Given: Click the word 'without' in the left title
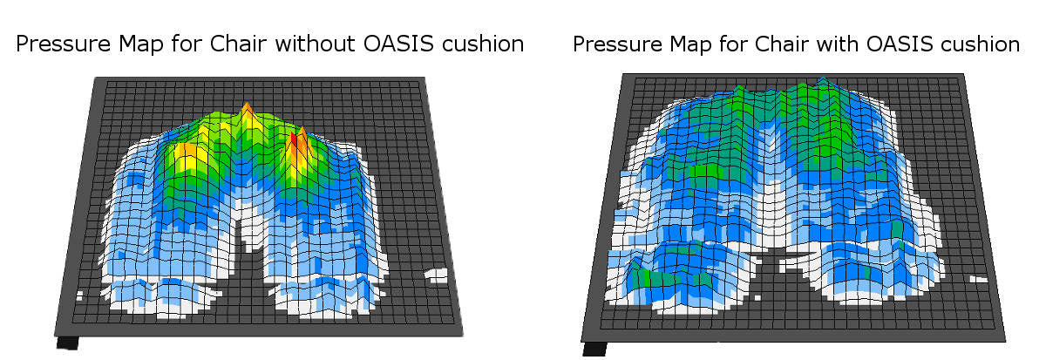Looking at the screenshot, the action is [316, 44].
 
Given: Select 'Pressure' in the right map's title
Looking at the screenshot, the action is [617, 44].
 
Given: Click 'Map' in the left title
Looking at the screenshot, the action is [140, 44].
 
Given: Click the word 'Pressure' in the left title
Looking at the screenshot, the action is [63, 44].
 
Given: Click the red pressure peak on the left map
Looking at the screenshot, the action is [294, 141].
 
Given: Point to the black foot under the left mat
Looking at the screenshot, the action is [67, 343].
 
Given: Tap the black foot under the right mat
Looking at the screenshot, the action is [594, 350].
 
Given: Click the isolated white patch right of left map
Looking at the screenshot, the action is [436, 275].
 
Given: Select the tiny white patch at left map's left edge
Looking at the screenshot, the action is [79, 295].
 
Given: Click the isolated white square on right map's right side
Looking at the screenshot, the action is [978, 280].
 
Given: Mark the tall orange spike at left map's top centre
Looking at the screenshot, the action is [246, 112].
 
